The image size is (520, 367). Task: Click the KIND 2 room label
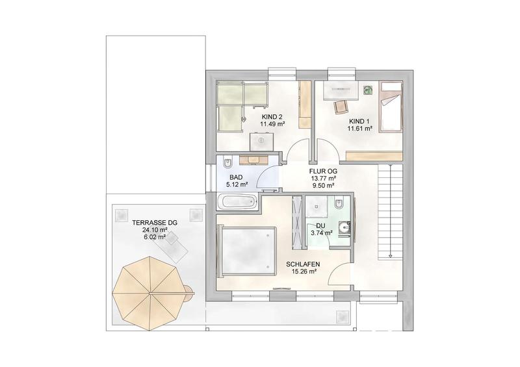pos(272,117)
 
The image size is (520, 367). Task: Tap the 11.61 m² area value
pos(360,129)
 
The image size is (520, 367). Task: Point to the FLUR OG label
pos(323,171)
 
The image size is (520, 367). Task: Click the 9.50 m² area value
pos(322,186)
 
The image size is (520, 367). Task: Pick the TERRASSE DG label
pos(155,223)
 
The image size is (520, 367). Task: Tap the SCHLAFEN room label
pos(303,264)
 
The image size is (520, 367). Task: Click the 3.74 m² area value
pos(321,233)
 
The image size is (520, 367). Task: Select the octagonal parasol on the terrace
pos(150,294)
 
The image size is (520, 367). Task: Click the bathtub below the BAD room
pos(237,202)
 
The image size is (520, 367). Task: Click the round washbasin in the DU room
pos(344,227)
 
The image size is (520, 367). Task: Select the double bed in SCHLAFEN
pos(247,250)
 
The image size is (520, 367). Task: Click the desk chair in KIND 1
pos(341,107)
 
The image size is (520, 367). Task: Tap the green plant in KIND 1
pos(368,90)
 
